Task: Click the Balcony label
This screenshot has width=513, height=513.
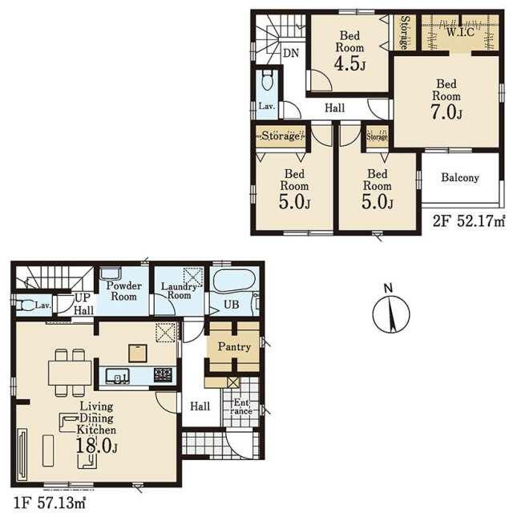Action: [x=460, y=178]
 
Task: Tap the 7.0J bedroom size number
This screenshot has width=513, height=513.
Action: [x=446, y=112]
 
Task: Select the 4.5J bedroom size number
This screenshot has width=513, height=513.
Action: [x=349, y=63]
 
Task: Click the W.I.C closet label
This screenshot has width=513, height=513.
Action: [x=460, y=32]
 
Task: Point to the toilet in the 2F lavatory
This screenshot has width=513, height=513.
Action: [x=267, y=80]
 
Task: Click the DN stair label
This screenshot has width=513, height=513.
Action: [x=291, y=53]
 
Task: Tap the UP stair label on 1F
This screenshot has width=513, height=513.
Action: [x=83, y=297]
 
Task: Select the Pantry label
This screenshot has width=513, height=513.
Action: [x=234, y=347]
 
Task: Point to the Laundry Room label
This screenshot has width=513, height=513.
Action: [x=179, y=290]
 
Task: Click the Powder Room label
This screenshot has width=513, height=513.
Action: [x=123, y=291]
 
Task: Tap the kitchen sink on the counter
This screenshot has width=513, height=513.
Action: [x=118, y=376]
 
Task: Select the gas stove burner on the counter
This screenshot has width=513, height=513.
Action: [x=163, y=375]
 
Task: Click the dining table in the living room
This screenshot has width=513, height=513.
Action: [x=70, y=373]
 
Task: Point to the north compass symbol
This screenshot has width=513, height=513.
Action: [x=391, y=313]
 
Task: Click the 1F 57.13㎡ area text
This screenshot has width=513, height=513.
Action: [x=50, y=503]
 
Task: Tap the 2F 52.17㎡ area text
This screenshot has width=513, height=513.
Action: [x=469, y=221]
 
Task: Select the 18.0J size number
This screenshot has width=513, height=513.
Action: [x=96, y=446]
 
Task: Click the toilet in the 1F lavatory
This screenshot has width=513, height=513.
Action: [x=25, y=305]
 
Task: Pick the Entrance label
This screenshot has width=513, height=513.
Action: [x=241, y=406]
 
